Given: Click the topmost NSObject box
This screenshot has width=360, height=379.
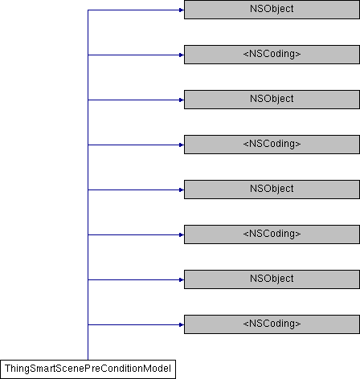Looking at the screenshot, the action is (272, 10).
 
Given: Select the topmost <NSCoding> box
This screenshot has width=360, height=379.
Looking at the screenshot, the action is (272, 55).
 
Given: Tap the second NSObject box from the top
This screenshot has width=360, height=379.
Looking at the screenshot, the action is (272, 100).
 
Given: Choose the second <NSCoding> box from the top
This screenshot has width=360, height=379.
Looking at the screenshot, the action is (272, 145).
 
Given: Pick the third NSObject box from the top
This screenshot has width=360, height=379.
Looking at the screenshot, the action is (272, 189).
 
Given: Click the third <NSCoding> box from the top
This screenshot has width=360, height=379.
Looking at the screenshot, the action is (272, 234).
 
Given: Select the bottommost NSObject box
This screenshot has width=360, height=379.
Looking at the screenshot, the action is (272, 279).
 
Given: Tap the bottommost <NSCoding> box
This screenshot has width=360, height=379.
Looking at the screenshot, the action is (272, 324).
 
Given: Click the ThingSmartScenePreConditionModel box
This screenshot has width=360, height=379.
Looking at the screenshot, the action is (88, 369).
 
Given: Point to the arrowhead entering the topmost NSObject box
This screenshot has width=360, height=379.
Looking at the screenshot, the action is (182, 10).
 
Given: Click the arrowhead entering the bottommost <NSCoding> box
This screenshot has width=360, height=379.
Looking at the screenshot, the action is (182, 325).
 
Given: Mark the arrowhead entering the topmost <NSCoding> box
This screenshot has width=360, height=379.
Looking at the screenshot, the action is (182, 55).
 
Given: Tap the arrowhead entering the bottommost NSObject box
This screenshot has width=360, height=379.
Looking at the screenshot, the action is (182, 280).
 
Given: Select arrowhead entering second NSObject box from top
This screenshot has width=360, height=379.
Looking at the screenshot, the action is (182, 100).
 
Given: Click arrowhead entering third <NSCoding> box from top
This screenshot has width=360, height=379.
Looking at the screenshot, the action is (182, 235).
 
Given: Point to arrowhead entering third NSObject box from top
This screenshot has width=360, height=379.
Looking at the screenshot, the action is (182, 190).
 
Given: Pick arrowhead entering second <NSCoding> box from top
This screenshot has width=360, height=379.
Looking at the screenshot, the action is (182, 145).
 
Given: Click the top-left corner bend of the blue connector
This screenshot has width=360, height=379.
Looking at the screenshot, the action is (88, 10).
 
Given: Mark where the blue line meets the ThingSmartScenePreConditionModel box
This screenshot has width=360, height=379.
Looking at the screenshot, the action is (88, 360).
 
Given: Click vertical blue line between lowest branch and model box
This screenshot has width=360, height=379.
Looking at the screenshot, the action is (88, 343).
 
